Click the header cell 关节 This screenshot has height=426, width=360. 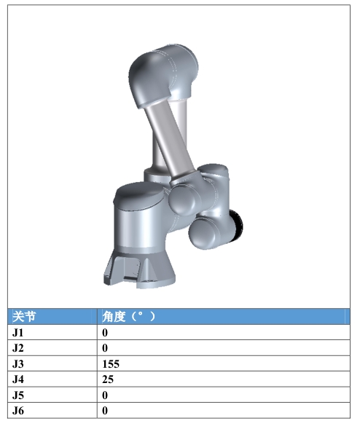coord(24,317)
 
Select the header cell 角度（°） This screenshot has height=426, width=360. coord(128,317)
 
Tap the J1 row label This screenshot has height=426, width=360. coord(18,333)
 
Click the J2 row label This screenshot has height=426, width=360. coord(18,348)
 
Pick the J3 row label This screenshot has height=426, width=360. coord(18,364)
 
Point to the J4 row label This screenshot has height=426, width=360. coord(18,379)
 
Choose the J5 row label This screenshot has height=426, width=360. coord(18,395)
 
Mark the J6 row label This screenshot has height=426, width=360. coord(18,411)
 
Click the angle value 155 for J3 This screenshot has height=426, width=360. coord(111,364)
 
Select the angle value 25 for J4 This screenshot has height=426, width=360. coord(108,379)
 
